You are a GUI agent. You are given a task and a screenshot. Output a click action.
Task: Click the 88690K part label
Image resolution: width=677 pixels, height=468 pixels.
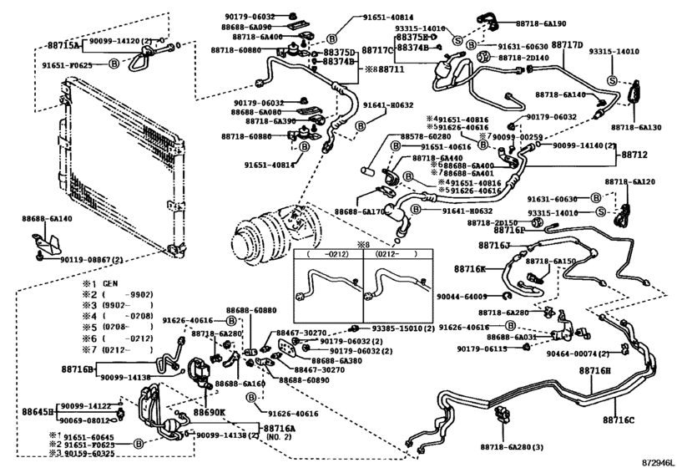click(210, 413)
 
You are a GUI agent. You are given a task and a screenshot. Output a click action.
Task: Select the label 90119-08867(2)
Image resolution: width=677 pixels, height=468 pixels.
click(87, 260)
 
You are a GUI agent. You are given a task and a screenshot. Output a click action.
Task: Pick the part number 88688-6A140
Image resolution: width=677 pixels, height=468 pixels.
click(48, 219)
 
